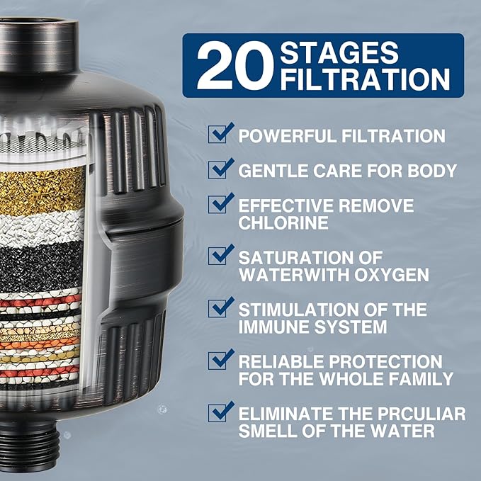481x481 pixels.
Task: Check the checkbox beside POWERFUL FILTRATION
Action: pyautogui.click(x=220, y=134)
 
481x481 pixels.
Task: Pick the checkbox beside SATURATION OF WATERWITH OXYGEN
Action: pyautogui.click(x=220, y=255)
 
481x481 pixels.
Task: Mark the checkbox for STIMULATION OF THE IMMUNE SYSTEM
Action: pyautogui.click(x=220, y=309)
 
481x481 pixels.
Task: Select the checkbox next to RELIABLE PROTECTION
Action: pyautogui.click(x=220, y=361)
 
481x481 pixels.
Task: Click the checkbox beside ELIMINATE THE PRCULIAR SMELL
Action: pyautogui.click(x=220, y=412)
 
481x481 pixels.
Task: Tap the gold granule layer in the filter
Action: pyautogui.click(x=39, y=189)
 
